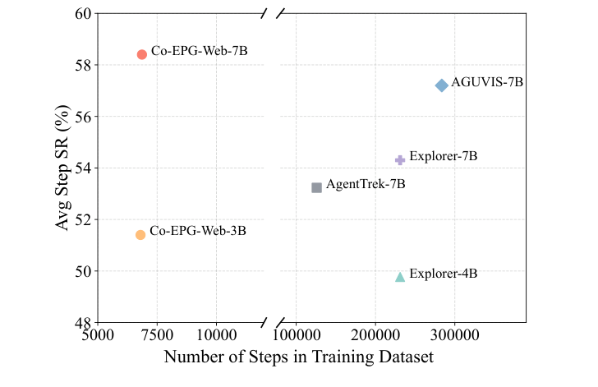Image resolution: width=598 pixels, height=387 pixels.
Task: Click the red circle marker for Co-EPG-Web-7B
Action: pyautogui.click(x=141, y=54)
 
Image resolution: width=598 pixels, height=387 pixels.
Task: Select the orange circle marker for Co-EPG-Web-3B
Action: pyautogui.click(x=140, y=235)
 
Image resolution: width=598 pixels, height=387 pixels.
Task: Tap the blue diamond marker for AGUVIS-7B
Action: pyautogui.click(x=441, y=85)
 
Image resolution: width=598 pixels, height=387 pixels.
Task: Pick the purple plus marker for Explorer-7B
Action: pyautogui.click(x=400, y=160)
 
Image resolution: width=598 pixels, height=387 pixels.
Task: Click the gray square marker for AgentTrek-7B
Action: pyautogui.click(x=317, y=187)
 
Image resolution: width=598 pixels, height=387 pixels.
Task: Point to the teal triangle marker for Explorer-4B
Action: pyautogui.click(x=400, y=277)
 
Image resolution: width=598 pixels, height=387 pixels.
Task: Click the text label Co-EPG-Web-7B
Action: pyautogui.click(x=199, y=51)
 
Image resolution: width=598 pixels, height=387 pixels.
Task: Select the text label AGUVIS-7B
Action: pyautogui.click(x=487, y=82)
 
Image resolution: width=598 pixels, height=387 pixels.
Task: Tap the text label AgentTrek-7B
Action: pyautogui.click(x=366, y=184)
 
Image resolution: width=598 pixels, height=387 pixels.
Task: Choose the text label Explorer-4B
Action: pyautogui.click(x=443, y=274)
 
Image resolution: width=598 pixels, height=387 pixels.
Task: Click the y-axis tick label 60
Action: pyautogui.click(x=82, y=14)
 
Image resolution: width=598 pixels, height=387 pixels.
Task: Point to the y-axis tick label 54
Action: pyautogui.click(x=82, y=168)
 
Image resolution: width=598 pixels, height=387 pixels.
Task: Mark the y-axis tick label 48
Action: pyautogui.click(x=82, y=323)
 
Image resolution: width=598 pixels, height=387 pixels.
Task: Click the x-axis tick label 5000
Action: pyautogui.click(x=98, y=337)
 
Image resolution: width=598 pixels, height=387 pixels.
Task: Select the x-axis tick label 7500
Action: pyautogui.click(x=157, y=337)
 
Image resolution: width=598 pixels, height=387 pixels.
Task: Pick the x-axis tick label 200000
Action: pyautogui.click(x=375, y=337)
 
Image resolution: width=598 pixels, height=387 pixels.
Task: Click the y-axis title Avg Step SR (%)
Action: pyautogui.click(x=62, y=168)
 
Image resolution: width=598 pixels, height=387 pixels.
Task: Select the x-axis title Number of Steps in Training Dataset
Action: pyautogui.click(x=298, y=358)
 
